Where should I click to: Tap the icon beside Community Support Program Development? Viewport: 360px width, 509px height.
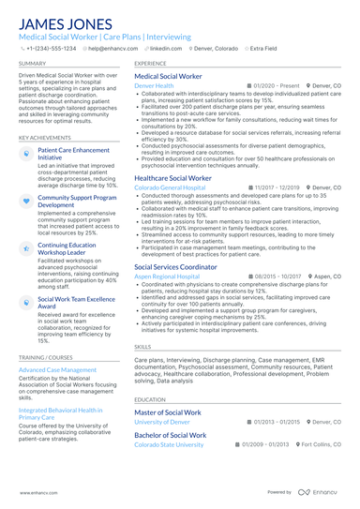pyautogui.click(x=25, y=200)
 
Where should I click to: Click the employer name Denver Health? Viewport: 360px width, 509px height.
pyautogui.click(x=154, y=85)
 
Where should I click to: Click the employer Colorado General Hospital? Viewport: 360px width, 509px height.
pyautogui.click(x=170, y=187)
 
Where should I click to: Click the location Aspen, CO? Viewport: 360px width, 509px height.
pyautogui.click(x=324, y=277)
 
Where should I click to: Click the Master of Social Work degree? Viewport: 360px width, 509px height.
pyautogui.click(x=168, y=412)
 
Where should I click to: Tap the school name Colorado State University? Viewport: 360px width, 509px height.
pyautogui.click(x=169, y=444)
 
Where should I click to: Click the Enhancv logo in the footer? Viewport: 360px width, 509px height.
pyautogui.click(x=317, y=491)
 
